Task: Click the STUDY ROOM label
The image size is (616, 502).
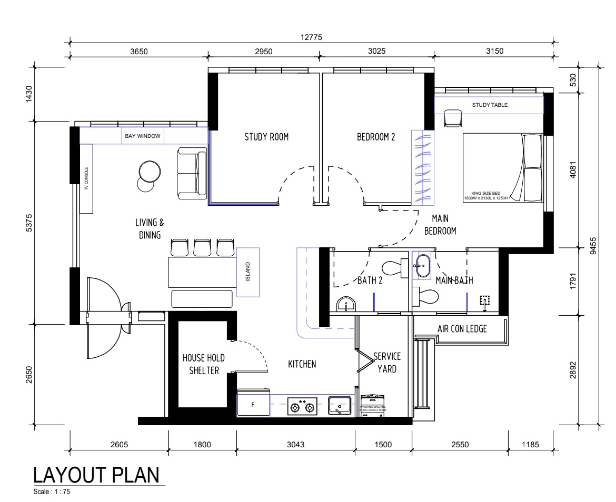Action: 266,137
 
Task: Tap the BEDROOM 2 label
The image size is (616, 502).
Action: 376,137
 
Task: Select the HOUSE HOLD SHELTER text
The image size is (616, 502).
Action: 203,364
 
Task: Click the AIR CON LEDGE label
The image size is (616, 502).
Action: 462,329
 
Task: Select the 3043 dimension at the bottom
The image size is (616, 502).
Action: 295,444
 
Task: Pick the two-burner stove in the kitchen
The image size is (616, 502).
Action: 303,406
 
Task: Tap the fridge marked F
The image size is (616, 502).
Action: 253,405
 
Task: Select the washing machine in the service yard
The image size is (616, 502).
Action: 373,406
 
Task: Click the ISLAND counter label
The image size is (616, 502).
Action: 250,272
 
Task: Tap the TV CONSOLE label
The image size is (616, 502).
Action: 86,179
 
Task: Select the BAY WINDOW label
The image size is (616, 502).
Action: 143,136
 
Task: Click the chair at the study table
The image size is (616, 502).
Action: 452,118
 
